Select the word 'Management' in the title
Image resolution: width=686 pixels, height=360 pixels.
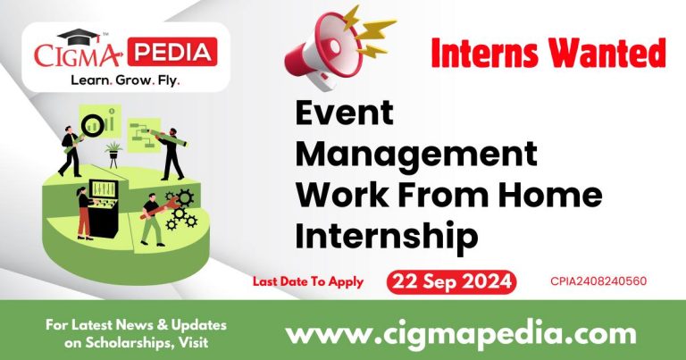[x=416, y=155]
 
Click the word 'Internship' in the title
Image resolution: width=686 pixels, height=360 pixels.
[x=387, y=235]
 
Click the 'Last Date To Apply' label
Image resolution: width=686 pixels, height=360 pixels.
[x=307, y=281]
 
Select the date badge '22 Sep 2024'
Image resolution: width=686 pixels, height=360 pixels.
[x=452, y=281]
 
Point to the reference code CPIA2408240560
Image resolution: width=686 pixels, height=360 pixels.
[x=598, y=282]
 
